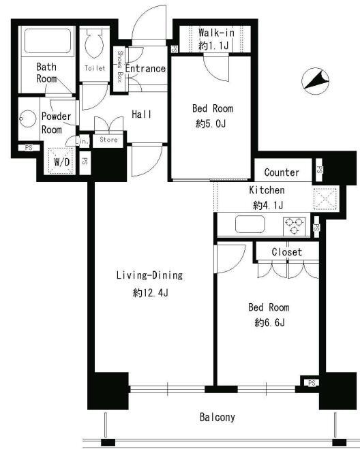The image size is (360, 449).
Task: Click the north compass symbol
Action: [315, 81]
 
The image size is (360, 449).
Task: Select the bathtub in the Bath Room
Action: [48, 41]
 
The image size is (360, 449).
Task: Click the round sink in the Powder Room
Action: [27, 119]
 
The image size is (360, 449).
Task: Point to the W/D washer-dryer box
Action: [61, 161]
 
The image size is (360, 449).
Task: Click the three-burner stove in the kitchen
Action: [295, 226]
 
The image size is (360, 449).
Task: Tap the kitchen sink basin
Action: [250, 224]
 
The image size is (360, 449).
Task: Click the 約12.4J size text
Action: [151, 293]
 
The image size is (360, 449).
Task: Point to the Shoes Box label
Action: [119, 67]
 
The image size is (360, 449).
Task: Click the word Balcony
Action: [217, 417]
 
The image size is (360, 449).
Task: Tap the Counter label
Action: [282, 172]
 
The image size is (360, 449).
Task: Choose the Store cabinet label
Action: [108, 140]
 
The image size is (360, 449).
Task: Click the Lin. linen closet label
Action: [82, 141]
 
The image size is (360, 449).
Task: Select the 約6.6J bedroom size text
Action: [269, 323]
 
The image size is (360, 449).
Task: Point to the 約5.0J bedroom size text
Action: [211, 124]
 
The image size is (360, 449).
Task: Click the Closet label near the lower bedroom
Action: [287, 252]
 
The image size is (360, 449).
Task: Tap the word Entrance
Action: [145, 69]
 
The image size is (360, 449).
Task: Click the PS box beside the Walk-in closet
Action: [174, 49]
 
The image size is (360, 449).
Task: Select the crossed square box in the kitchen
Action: [326, 199]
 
